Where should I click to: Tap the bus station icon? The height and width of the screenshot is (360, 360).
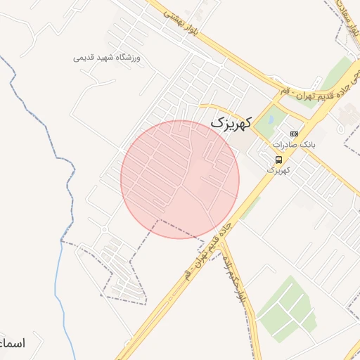click(279, 160)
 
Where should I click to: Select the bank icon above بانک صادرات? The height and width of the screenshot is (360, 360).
click(294, 134)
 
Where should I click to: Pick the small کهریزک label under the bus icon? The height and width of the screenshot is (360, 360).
click(278, 170)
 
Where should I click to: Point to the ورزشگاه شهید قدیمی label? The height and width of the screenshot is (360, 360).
click(107, 57)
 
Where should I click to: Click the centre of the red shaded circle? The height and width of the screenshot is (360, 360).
click(180, 179)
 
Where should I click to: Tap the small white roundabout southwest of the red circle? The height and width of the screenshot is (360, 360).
click(104, 229)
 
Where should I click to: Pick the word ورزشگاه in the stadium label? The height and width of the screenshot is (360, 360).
click(127, 57)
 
